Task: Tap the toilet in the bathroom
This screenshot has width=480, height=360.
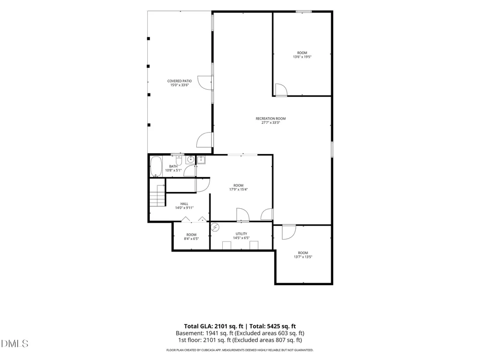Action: click(179, 160)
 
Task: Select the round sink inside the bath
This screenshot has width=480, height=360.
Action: click(191, 159)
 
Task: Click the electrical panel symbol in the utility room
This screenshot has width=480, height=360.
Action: click(216, 227)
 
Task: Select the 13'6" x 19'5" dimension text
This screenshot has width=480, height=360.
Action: click(302, 57)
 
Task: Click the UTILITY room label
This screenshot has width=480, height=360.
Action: click(241, 234)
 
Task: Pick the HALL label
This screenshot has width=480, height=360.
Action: click(184, 204)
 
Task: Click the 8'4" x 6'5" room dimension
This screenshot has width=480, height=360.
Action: click(192, 239)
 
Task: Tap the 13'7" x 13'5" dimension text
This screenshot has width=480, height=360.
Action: click(303, 257)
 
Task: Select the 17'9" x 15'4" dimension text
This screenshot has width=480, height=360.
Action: click(239, 189)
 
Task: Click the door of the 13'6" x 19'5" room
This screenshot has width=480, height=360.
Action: click(281, 90)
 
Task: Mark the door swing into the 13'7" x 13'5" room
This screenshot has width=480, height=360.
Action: click(289, 232)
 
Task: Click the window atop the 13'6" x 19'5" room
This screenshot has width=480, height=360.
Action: click(304, 12)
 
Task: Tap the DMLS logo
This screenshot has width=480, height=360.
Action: click(15, 344)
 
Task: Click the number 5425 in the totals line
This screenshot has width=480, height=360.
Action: click(274, 326)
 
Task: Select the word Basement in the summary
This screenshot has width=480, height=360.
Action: click(190, 333)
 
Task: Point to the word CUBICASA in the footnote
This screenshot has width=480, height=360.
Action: click(212, 350)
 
